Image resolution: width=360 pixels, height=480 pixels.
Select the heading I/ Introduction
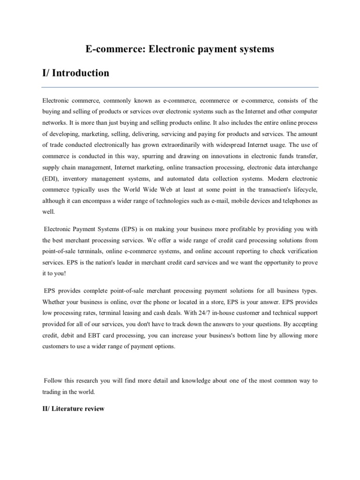(75, 73)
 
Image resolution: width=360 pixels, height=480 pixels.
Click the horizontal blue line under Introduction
(180, 87)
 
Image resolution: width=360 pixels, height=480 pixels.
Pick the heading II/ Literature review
(73, 409)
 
